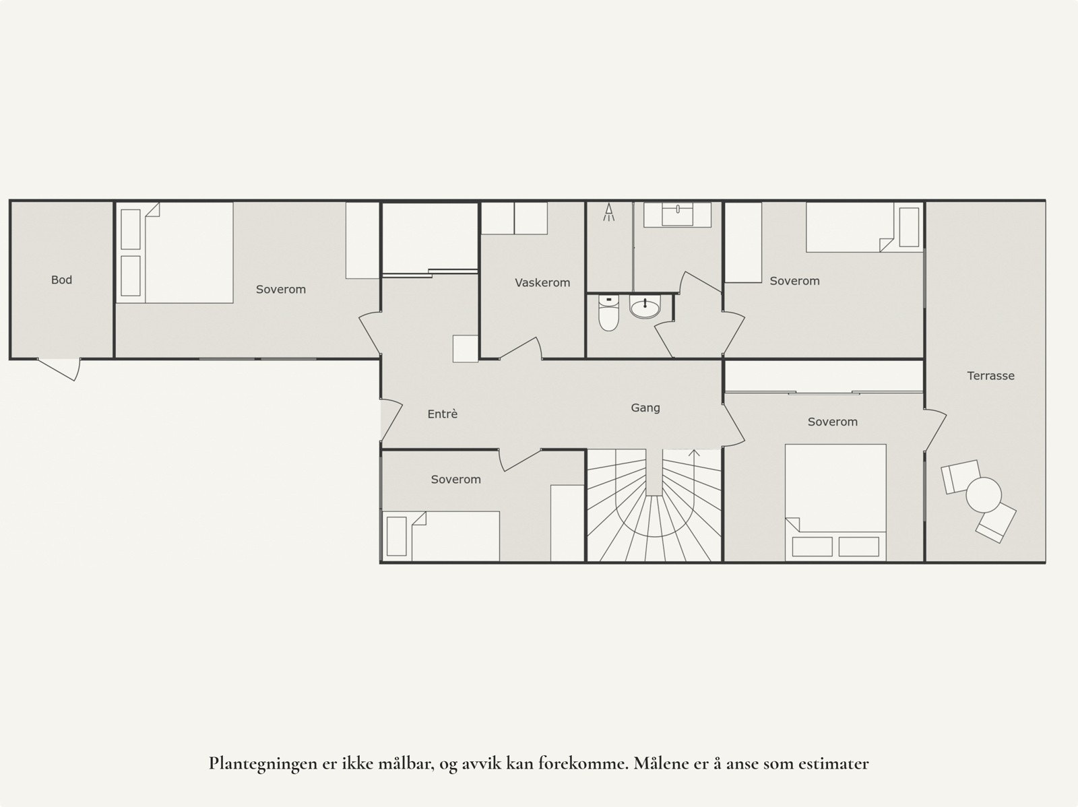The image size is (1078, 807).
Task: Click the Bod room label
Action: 61,280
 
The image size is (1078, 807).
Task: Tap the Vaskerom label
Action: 542,283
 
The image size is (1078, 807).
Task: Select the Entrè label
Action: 442,414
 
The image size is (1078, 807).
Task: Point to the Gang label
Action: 645,408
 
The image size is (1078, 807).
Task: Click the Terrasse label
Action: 990,376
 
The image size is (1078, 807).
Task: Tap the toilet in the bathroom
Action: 608,313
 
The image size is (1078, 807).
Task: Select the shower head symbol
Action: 609,212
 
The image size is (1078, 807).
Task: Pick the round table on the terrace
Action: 984,495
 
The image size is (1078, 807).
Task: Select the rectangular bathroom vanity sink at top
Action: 677,215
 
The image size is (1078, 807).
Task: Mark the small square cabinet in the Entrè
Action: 465,349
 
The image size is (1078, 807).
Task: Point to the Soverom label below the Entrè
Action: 455,480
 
